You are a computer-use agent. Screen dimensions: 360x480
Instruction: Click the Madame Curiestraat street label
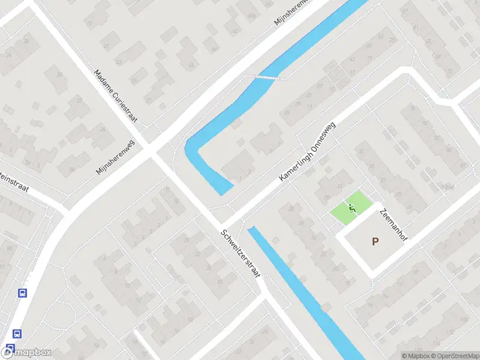tap(116, 97)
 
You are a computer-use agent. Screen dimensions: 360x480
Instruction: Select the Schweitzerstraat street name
tap(240, 253)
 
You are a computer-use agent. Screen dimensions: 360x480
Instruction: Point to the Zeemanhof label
tap(393, 226)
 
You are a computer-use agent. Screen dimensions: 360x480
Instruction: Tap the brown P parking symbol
tap(376, 242)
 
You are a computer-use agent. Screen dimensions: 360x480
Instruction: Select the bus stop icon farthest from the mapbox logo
tap(22, 293)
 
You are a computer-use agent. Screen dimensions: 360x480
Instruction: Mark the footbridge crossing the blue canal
tap(264, 77)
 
